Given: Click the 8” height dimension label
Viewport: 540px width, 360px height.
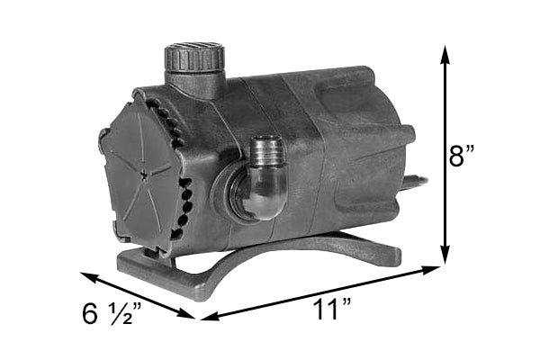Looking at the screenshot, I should pos(462,155).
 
